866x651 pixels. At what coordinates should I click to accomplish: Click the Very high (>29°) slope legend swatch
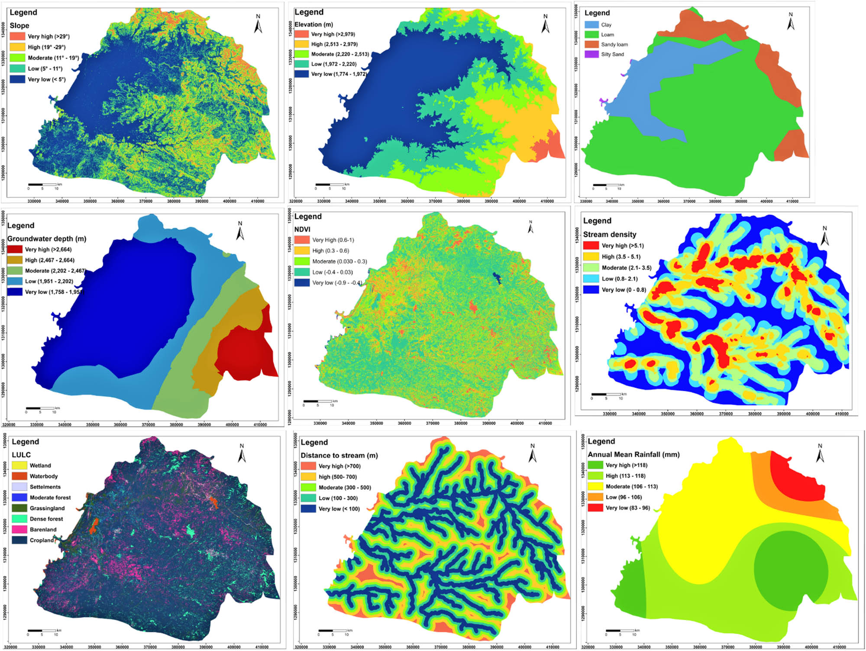pos(17,36)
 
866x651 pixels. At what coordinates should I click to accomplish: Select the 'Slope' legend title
pos(19,26)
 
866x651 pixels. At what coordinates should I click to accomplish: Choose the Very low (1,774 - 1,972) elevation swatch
pos(301,74)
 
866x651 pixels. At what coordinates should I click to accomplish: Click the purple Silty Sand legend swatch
pos(591,54)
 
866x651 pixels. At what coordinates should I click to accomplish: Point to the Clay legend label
pos(606,25)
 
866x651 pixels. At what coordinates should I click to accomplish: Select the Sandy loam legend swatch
pos(591,44)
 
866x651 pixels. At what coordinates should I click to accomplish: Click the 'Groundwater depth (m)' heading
pos(47,239)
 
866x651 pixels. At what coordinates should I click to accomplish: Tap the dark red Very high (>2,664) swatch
pos(15,249)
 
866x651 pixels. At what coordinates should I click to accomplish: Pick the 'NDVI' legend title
pos(302,229)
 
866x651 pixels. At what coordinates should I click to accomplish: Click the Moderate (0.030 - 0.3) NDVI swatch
pos(302,261)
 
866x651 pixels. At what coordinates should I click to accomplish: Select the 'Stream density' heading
pos(610,234)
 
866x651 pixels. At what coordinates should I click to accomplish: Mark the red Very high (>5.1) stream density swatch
pos(591,246)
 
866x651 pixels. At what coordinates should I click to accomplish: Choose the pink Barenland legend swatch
pos(19,529)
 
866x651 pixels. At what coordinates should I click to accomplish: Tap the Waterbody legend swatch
pos(19,476)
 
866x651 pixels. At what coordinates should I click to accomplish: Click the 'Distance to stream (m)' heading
pos(339,455)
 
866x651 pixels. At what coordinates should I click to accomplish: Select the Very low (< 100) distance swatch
pos(308,508)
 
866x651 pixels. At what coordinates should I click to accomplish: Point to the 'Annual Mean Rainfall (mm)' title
pos(633,454)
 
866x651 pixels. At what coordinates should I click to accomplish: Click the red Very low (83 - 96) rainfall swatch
pos(595,508)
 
